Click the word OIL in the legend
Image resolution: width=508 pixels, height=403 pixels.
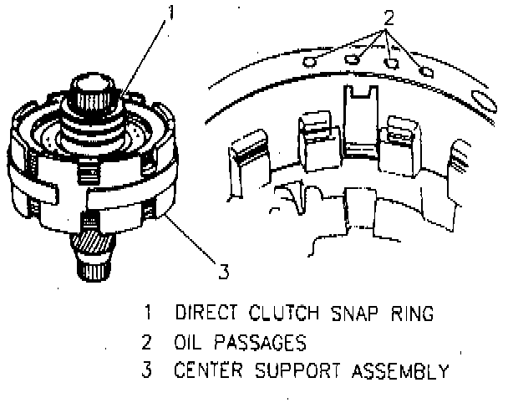(190, 342)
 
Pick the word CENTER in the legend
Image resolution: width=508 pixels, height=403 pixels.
(206, 370)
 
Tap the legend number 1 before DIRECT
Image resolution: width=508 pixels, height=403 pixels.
(147, 314)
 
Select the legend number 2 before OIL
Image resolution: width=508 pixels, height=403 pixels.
(147, 342)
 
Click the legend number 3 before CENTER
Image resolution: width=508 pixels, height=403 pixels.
(147, 370)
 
